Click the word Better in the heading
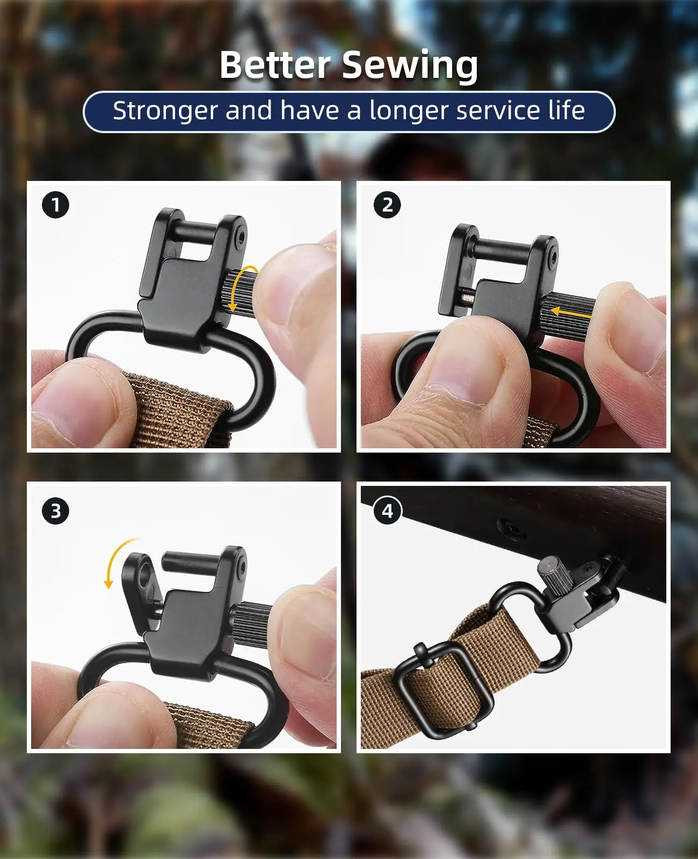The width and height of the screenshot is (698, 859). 275,65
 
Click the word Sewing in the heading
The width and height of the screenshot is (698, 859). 410,67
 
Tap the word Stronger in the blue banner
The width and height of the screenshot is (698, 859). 165,111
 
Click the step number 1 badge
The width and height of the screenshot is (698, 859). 56,205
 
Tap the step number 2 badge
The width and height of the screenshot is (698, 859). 387,205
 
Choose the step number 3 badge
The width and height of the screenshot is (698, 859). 56,511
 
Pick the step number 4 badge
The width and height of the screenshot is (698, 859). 387,511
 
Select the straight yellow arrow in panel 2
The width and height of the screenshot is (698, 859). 570,311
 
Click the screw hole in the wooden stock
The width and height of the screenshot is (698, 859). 511,528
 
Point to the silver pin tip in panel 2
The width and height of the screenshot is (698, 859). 468,298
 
